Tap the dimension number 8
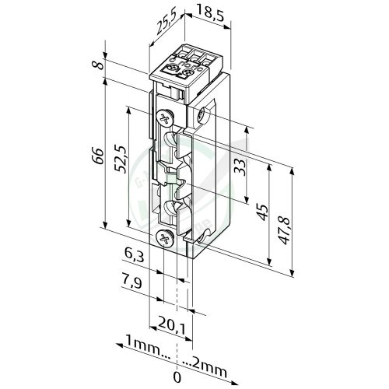pyautogui.click(x=99, y=64)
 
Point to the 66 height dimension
pyautogui.click(x=98, y=156)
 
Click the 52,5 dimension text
pyautogui.click(x=121, y=159)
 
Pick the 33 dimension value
pyautogui.click(x=240, y=167)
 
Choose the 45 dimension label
pyautogui.click(x=263, y=212)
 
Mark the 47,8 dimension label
pyautogui.click(x=286, y=230)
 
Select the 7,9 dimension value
pyautogui.click(x=131, y=282)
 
